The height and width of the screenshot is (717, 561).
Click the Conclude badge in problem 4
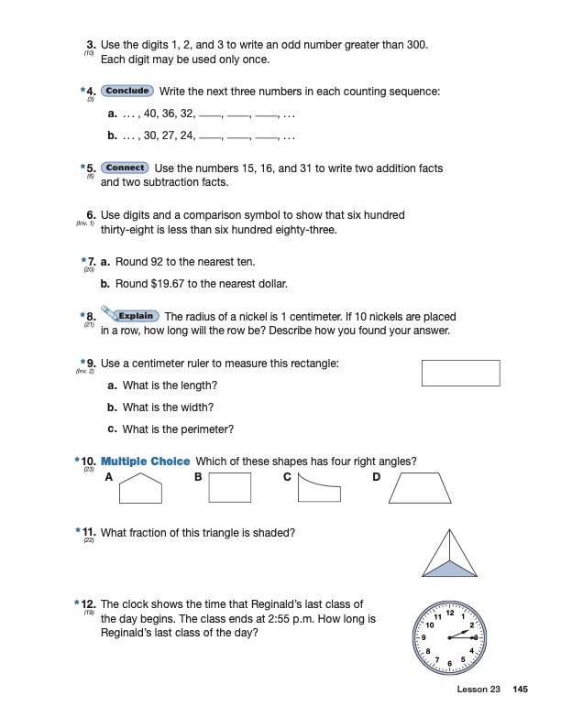(x=127, y=92)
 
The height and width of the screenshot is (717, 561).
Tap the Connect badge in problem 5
(x=125, y=168)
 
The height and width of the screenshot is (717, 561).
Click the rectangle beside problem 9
(x=460, y=374)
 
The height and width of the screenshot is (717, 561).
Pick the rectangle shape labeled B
(x=229, y=488)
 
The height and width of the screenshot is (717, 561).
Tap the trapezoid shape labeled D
(x=420, y=489)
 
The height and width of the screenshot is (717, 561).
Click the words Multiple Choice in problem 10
(x=145, y=461)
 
